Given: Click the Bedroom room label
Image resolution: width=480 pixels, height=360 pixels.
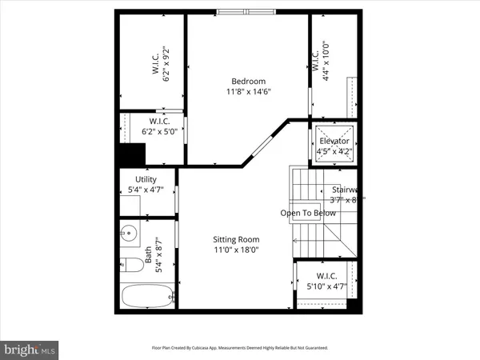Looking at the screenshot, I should click(248, 81).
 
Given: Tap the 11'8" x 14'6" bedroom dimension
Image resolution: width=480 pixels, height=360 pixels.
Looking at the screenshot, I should click(248, 91).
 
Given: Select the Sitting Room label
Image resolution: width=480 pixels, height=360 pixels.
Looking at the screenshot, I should click(236, 239).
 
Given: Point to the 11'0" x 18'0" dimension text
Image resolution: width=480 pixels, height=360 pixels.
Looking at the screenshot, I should click(236, 250).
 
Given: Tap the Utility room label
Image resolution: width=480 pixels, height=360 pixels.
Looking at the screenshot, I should click(146, 180).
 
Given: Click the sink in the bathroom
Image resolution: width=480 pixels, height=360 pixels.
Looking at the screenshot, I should click(129, 234).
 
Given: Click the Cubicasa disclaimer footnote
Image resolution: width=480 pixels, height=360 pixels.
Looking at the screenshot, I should click(240, 348).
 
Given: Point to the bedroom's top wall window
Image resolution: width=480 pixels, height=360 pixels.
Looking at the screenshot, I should click(245, 12).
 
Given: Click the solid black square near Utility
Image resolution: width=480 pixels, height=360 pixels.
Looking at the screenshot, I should click(130, 154).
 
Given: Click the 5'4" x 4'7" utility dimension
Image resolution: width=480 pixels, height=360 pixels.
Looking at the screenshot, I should click(146, 190).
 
